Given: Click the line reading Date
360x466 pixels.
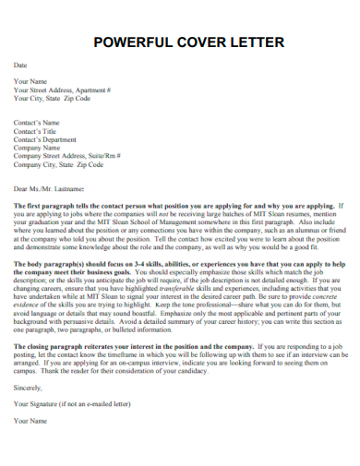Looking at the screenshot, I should [x=20, y=66].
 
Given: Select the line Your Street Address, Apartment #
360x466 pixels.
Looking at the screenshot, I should [x=63, y=90].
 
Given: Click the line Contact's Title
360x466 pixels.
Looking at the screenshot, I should [x=36, y=131].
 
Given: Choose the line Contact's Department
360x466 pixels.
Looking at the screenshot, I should [x=46, y=139].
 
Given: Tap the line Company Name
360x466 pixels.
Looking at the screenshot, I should [x=37, y=148].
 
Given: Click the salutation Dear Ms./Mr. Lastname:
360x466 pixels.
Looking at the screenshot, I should [x=54, y=188].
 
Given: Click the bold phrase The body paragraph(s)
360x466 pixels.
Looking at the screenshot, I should [x=51, y=263].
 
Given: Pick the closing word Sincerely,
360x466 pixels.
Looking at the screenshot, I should [x=28, y=388].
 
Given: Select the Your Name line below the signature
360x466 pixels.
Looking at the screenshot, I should [x=30, y=421].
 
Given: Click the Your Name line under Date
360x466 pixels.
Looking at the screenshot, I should [x=30, y=82].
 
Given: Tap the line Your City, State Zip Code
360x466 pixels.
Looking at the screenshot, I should [x=52, y=99].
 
